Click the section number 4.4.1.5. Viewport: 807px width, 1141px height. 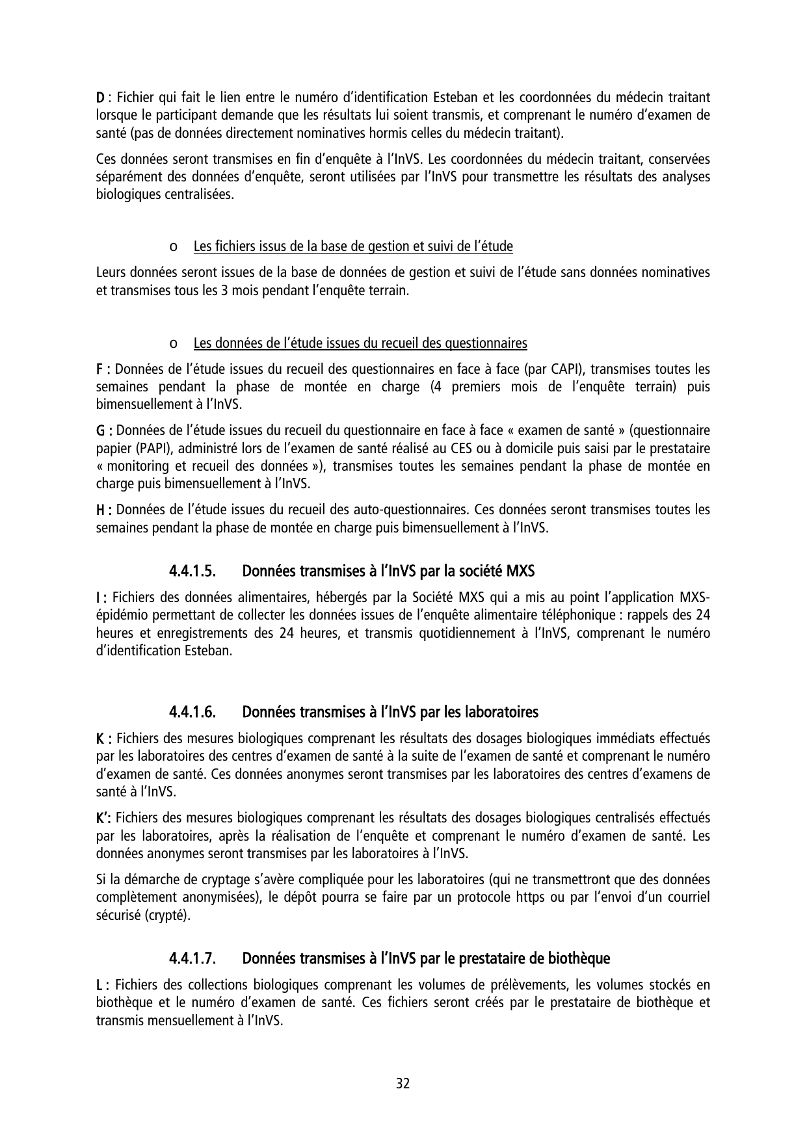click(192, 571)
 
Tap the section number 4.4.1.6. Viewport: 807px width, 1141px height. click(192, 712)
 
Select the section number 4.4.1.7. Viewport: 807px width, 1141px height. click(192, 958)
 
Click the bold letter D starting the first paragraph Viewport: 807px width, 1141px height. click(100, 98)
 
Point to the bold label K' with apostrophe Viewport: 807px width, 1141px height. click(104, 817)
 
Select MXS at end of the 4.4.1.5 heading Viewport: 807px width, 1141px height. click(520, 571)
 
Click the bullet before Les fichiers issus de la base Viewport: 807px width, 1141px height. click(172, 247)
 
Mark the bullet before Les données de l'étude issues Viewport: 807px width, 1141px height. click(172, 343)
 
